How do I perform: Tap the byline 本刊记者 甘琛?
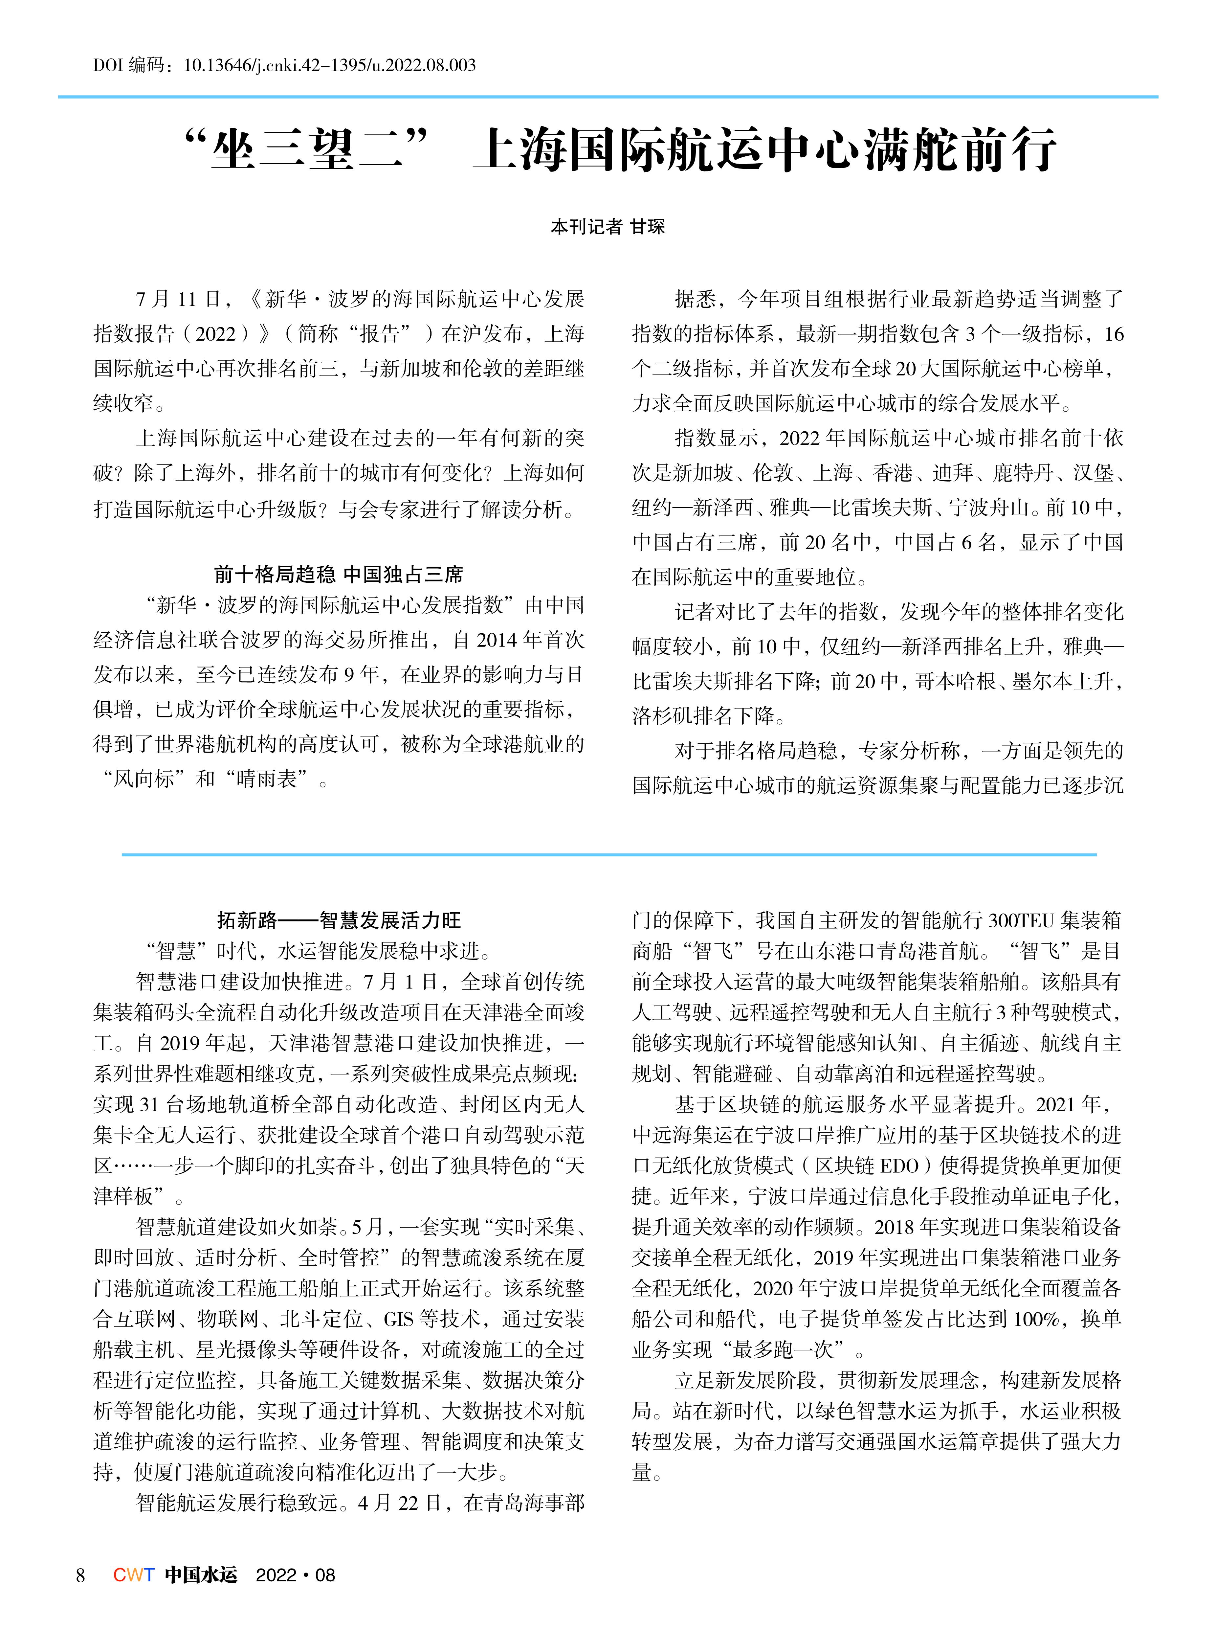point(607,227)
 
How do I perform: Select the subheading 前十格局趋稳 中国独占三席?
point(339,574)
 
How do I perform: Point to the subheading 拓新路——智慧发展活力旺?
point(339,920)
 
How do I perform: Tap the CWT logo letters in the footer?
point(133,1575)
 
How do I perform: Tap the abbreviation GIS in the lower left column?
point(398,1318)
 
